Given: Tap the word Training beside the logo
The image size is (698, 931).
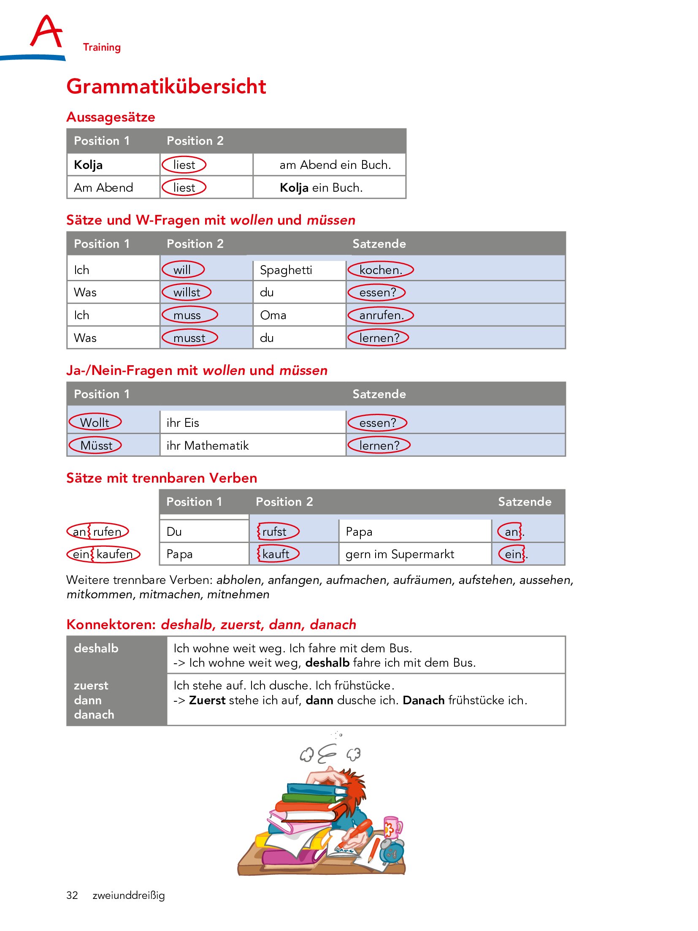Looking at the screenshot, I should (102, 47).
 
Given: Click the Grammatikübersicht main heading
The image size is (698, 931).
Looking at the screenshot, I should (166, 87).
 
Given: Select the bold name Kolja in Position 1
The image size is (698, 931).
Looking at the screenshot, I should (88, 165).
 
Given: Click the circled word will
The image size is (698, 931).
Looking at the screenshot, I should (183, 270).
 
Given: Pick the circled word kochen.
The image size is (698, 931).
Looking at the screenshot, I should (380, 270).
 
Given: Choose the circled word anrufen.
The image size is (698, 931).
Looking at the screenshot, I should (381, 315).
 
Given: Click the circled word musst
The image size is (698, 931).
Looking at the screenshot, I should (189, 338).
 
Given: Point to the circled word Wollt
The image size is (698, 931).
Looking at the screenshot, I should (95, 423).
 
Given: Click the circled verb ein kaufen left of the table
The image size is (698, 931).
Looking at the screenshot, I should (103, 554).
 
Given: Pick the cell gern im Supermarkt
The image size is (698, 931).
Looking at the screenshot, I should (400, 554).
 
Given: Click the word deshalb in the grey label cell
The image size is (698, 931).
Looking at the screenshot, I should (96, 649).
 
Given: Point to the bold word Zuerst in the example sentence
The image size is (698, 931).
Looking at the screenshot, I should (207, 700).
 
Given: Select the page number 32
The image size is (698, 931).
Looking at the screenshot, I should (72, 896).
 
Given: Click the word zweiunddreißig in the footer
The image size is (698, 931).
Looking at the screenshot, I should (129, 896).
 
